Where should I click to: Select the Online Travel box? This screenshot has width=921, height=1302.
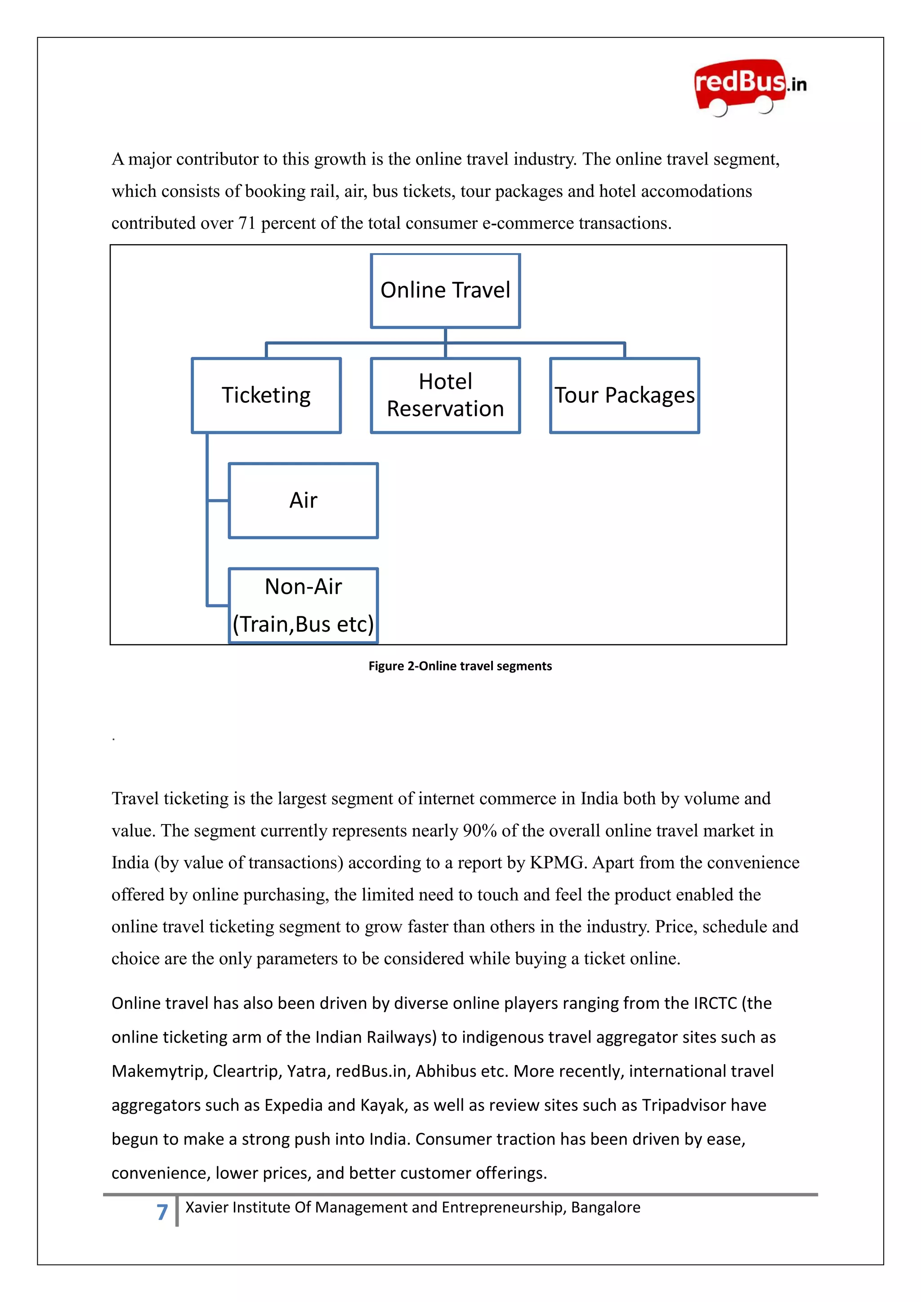pyautogui.click(x=445, y=290)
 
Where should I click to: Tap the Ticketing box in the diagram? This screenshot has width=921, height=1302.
pyautogui.click(x=266, y=395)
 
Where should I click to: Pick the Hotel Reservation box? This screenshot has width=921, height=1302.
pyautogui.click(x=445, y=395)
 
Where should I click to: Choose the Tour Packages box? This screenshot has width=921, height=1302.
pyautogui.click(x=624, y=395)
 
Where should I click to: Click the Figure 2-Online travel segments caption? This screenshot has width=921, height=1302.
pyautogui.click(x=460, y=666)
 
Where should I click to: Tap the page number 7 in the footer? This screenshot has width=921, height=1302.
pyautogui.click(x=162, y=1212)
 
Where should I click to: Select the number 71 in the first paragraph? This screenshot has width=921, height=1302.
pyautogui.click(x=247, y=223)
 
